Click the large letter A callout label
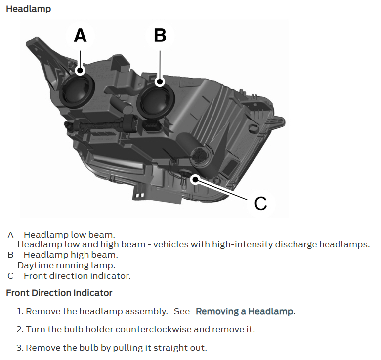[80, 36]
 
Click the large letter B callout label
[160, 36]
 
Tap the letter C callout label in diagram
[260, 203]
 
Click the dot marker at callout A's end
[80, 71]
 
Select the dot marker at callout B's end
[160, 82]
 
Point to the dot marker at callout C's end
[195, 180]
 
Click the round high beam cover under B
[156, 101]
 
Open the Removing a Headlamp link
[244, 311]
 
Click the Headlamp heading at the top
[29, 9]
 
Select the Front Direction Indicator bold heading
[59, 293]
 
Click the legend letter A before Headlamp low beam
[10, 235]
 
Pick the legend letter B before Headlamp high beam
[10, 255]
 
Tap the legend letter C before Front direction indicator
[10, 276]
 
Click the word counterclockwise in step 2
[153, 330]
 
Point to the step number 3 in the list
[19, 348]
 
